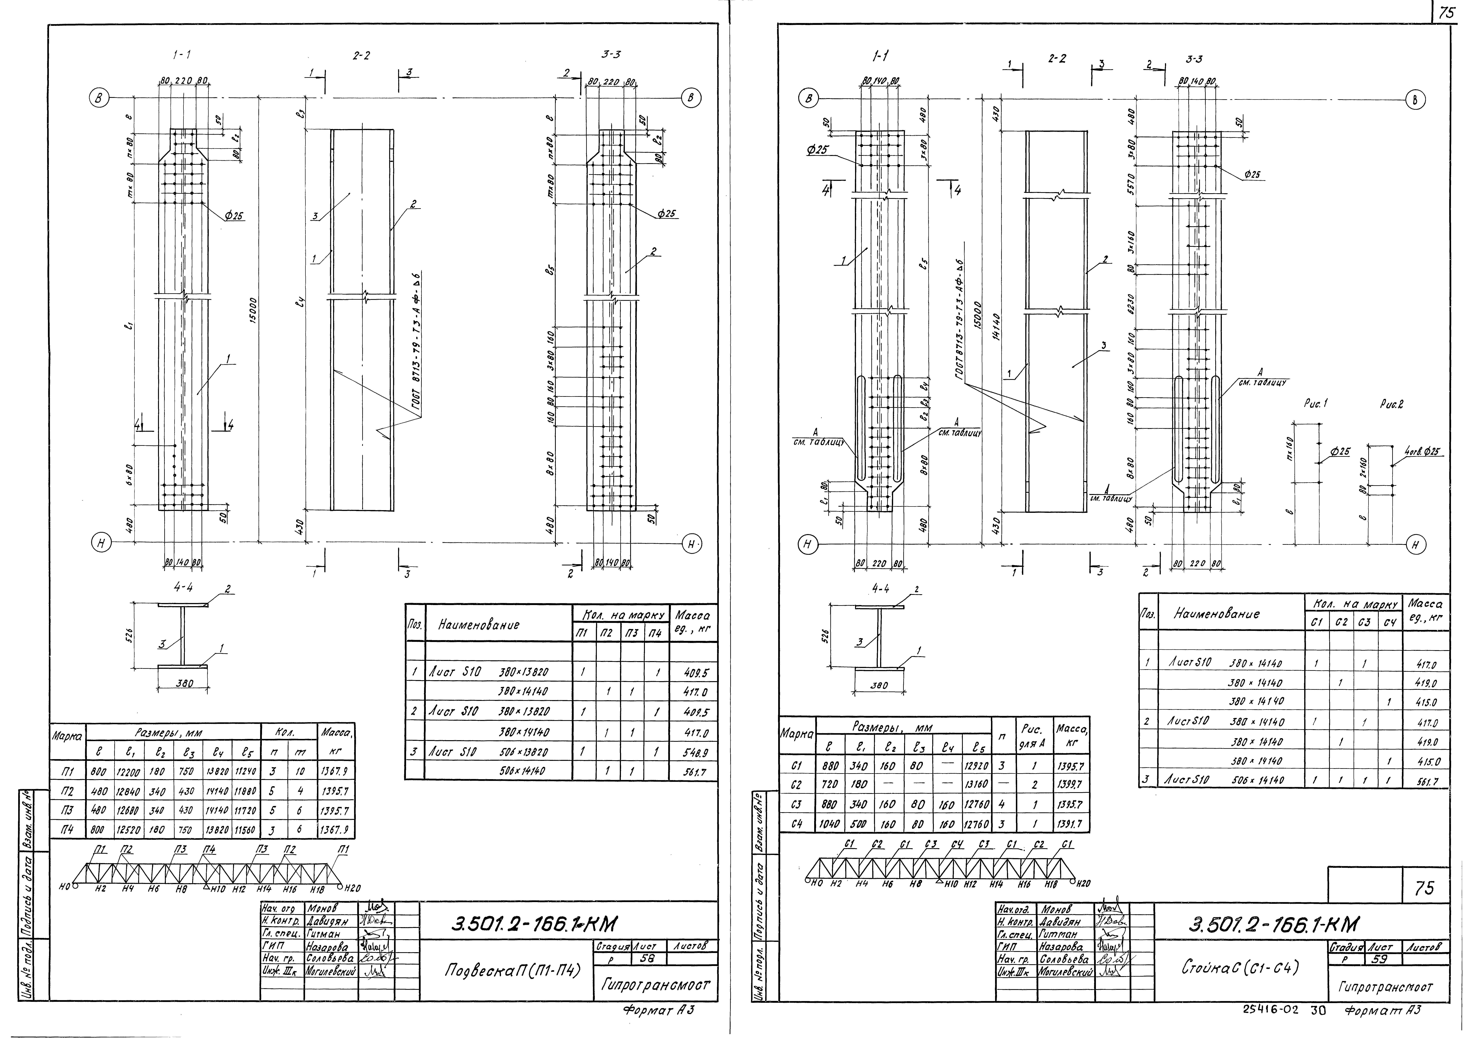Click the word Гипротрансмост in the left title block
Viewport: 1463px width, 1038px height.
(x=655, y=985)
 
